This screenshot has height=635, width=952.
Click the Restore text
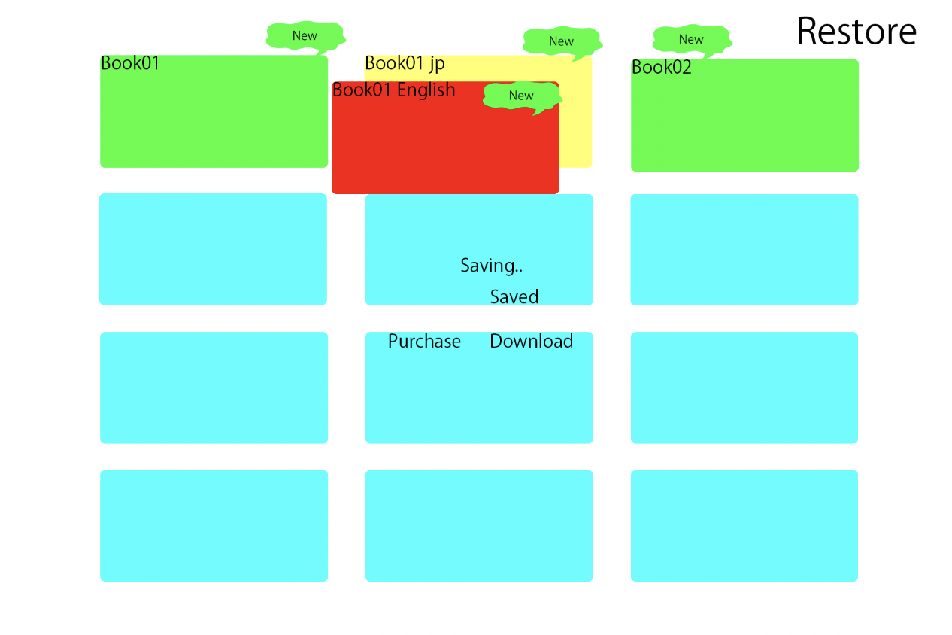pyautogui.click(x=856, y=31)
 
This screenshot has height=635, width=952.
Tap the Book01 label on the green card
pyautogui.click(x=129, y=63)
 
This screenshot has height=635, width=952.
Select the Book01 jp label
pyautogui.click(x=405, y=64)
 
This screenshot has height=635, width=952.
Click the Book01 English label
pyautogui.click(x=393, y=90)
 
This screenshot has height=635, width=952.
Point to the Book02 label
pyautogui.click(x=661, y=67)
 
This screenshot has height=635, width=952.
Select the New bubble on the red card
pyautogui.click(x=522, y=96)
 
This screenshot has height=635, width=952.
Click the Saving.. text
pyautogui.click(x=491, y=266)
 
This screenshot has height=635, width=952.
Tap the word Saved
pyautogui.click(x=514, y=297)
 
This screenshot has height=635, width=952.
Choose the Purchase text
pyautogui.click(x=424, y=341)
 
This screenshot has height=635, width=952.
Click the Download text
pyautogui.click(x=531, y=341)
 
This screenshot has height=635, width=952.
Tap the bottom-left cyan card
pyautogui.click(x=214, y=526)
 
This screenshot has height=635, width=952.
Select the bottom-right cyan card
pyautogui.click(x=744, y=526)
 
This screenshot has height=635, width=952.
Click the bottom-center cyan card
pyautogui.click(x=479, y=526)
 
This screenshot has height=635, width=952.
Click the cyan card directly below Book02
pyautogui.click(x=744, y=250)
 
